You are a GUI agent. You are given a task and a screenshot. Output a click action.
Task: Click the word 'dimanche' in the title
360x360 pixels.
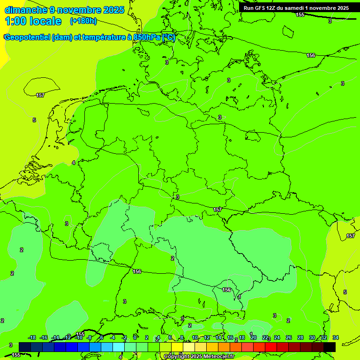[x=25, y=10]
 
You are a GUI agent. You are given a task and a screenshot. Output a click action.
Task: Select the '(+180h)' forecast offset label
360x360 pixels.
[x=83, y=21]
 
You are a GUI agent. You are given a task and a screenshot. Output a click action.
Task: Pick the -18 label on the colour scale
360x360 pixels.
[x=32, y=337]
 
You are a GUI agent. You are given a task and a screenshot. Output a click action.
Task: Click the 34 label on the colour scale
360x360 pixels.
[x=336, y=337]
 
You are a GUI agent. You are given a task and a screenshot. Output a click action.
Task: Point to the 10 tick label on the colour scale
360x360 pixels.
[x=195, y=337]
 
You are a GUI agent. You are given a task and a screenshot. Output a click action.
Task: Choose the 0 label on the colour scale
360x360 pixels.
[x=135, y=337]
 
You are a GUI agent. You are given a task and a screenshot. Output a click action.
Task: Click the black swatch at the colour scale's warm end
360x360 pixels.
[x=330, y=347]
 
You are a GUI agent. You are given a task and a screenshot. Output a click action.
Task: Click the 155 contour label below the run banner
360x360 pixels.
[x=300, y=15]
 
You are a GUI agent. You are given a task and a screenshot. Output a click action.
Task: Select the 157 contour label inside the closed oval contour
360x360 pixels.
[x=40, y=95]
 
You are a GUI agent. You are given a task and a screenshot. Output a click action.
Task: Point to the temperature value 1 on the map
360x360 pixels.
[x=240, y=297]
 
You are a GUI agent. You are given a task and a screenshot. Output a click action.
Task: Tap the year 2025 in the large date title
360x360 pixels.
[x=113, y=10]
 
